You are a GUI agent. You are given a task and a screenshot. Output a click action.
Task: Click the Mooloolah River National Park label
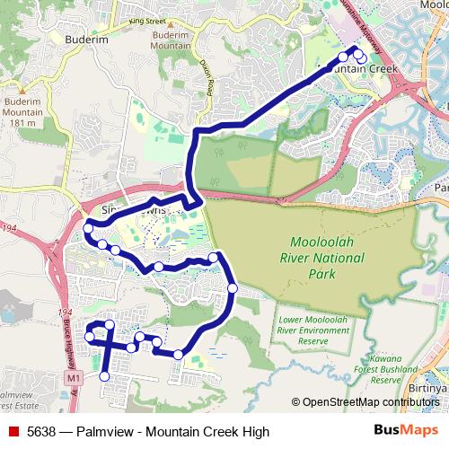(x=324, y=258)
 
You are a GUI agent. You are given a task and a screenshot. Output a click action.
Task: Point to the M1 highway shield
(x=73, y=380)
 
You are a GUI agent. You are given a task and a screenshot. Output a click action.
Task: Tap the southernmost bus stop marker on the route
(x=104, y=377)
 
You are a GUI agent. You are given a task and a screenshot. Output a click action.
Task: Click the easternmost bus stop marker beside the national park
(x=233, y=288)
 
